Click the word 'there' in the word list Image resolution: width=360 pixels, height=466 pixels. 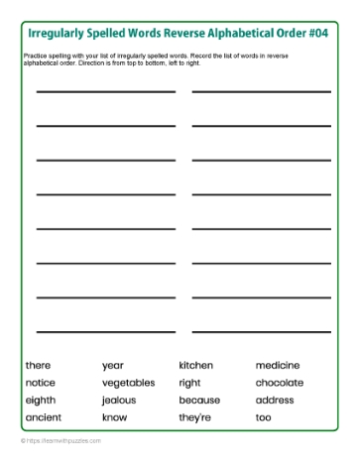[38, 366]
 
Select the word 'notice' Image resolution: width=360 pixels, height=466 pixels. [41, 383]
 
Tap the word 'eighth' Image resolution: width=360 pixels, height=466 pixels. [41, 401]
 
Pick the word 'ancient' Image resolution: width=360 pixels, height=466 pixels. [44, 417]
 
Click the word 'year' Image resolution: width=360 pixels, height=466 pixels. [113, 366]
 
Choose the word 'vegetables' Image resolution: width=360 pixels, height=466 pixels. [129, 383]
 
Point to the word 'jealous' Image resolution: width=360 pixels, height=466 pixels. [119, 401]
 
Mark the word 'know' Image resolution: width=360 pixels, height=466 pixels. [115, 417]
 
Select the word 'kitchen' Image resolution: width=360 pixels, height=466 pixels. [195, 366]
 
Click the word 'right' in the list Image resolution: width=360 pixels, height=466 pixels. [189, 383]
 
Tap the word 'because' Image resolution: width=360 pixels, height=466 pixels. [199, 401]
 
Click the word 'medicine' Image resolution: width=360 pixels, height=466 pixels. [278, 366]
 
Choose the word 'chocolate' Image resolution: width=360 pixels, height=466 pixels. [281, 383]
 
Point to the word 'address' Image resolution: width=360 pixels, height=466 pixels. [275, 401]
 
